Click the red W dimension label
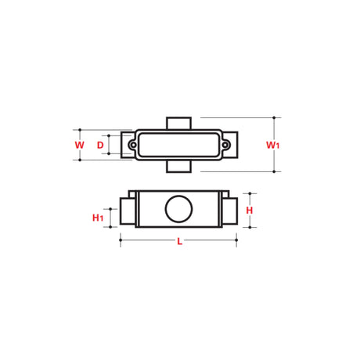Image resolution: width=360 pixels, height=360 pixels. pyautogui.click(x=79, y=145)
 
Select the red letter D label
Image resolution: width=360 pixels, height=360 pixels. pyautogui.click(x=100, y=145)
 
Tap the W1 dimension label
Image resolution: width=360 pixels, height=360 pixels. pyautogui.click(x=272, y=145)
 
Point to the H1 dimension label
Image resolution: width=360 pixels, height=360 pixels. pyautogui.click(x=98, y=217)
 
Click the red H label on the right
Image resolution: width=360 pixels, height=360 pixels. pyautogui.click(x=250, y=211)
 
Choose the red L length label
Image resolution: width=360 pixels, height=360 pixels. pyautogui.click(x=179, y=242)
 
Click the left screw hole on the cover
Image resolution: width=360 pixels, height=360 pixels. pyautogui.click(x=133, y=145)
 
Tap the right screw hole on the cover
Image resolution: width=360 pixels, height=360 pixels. pyautogui.click(x=225, y=145)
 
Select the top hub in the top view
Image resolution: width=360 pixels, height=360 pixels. pyautogui.click(x=179, y=124)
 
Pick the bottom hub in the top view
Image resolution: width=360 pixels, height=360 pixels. pyautogui.click(x=179, y=166)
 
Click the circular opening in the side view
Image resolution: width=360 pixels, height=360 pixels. pyautogui.click(x=176, y=209)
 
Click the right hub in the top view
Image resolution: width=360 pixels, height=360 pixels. pyautogui.click(x=232, y=145)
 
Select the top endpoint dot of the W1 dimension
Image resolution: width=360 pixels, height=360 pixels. pyautogui.click(x=274, y=118)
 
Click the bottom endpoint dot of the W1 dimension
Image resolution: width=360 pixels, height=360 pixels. pyautogui.click(x=274, y=171)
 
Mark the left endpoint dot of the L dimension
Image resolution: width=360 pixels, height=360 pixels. pyautogui.click(x=120, y=242)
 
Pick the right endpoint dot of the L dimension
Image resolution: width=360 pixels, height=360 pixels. pyautogui.click(x=236, y=242)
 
